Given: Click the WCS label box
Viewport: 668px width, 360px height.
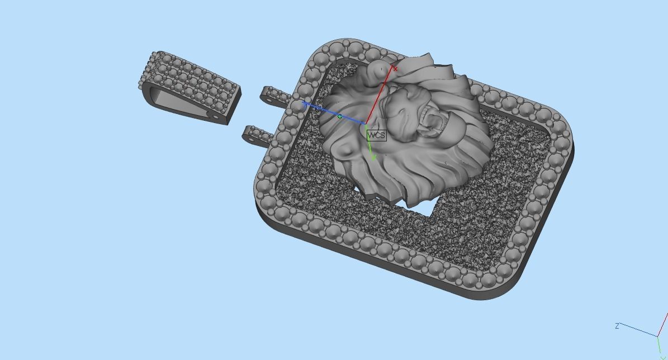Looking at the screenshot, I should pos(376,135).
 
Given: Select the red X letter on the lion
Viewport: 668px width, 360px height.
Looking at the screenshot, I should pos(396,69).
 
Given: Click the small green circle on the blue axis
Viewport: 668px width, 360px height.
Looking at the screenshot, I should pos(340,116).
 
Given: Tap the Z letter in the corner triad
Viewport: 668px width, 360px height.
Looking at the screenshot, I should pos(617,326).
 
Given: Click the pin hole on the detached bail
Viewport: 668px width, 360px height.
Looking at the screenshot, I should pos(211,114).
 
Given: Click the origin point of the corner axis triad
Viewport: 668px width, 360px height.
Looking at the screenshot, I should pos(657,336).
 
